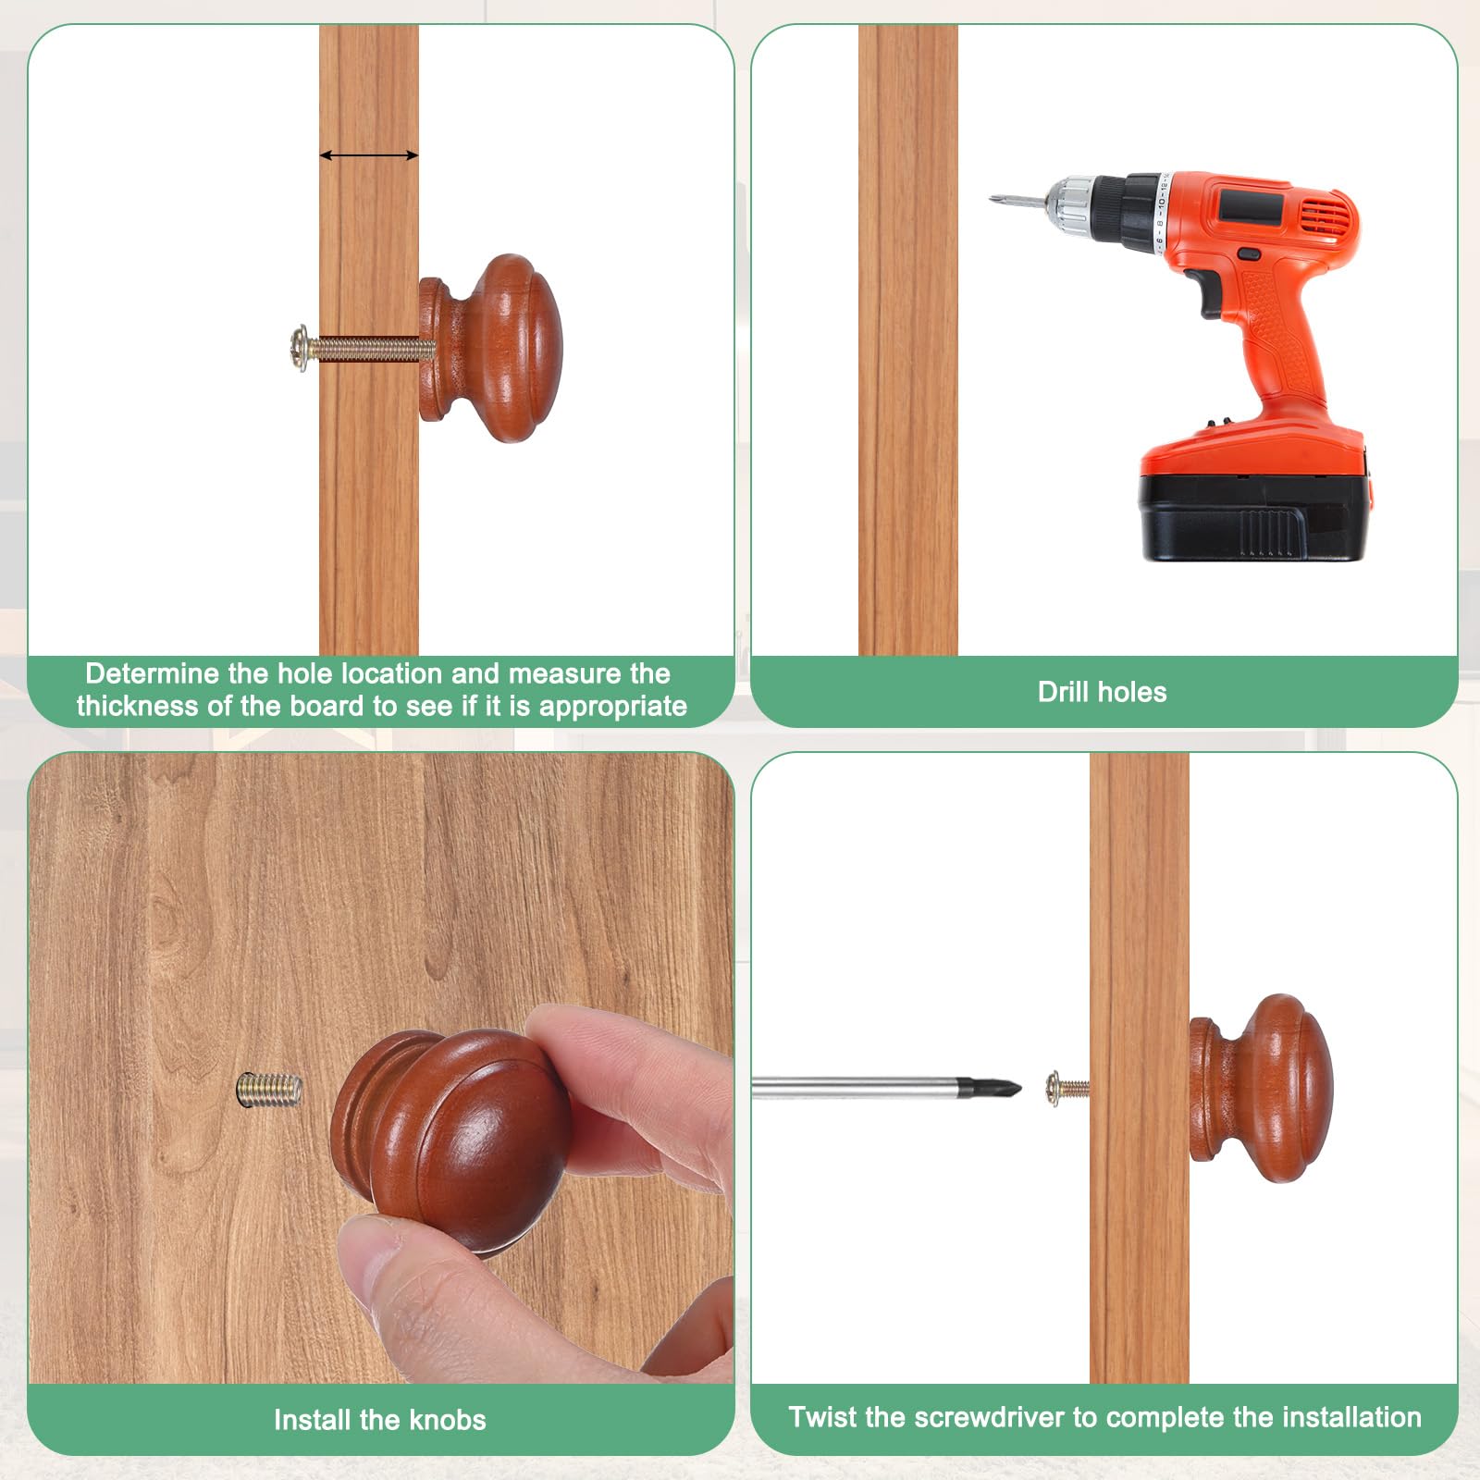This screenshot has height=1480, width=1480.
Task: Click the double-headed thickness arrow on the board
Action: [369, 155]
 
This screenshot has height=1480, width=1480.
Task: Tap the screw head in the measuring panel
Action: [300, 349]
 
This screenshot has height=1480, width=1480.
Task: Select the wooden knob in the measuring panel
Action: [490, 349]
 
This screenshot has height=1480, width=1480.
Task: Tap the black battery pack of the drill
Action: [1254, 516]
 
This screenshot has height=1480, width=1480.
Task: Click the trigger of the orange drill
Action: [1211, 294]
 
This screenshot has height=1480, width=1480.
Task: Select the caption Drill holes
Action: [1102, 692]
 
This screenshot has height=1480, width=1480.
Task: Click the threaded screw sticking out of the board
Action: [269, 1089]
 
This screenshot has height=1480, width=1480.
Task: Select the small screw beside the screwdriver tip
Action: [1067, 1089]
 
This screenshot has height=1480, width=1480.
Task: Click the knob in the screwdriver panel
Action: [1261, 1089]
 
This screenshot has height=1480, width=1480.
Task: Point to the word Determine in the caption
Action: [153, 673]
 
